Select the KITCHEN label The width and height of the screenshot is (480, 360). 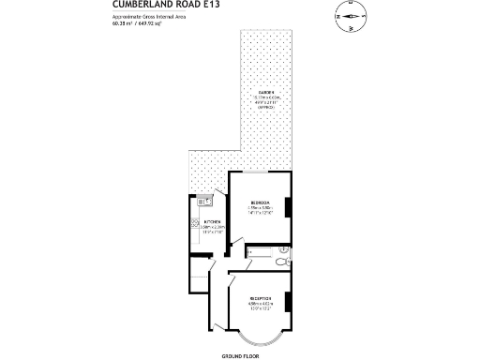[x=212, y=221]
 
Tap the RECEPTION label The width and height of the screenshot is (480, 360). [x=260, y=298]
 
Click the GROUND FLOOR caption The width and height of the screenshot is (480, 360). [x=240, y=356]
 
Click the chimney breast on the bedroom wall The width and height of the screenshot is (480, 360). [x=291, y=206]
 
